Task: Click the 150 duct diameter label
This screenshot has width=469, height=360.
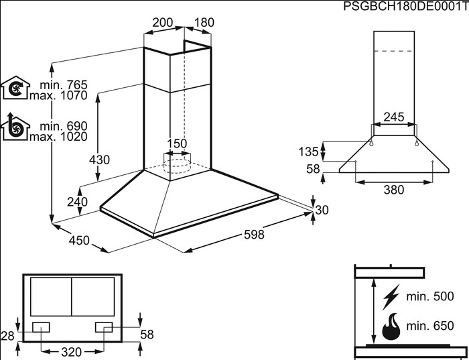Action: coord(176,144)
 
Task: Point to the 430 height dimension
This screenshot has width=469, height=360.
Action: coord(98,160)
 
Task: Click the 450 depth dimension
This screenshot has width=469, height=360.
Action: coord(78,241)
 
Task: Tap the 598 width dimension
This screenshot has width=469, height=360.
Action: coord(254,235)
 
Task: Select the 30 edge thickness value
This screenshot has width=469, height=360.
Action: coord(322,211)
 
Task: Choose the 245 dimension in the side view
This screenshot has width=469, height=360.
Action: coord(393,117)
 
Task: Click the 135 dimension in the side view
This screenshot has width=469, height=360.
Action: coord(308,152)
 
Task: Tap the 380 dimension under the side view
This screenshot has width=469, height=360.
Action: coord(393,190)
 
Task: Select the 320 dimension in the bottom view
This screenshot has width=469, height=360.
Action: coord(72,351)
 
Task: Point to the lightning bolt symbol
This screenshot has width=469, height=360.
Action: coord(390,296)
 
